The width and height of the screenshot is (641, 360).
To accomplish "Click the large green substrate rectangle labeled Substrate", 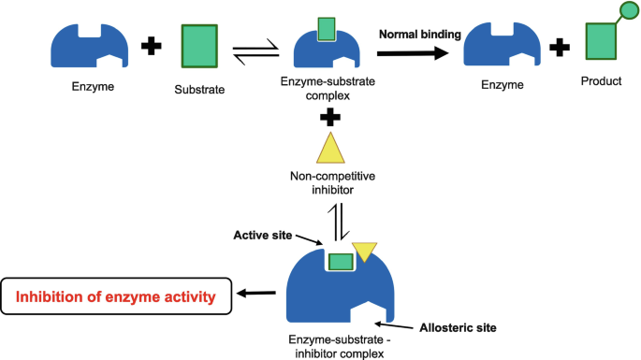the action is (199, 46).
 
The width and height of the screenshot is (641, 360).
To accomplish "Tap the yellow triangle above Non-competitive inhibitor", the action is (330, 148).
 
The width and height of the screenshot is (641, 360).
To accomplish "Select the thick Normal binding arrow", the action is (413, 53).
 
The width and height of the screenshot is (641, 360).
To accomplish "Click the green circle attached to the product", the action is (629, 10).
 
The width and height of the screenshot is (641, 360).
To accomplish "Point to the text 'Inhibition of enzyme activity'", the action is (116, 296).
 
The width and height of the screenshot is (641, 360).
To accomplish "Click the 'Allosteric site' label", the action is (458, 327).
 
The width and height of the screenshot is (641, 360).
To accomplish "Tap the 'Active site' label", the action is (262, 236).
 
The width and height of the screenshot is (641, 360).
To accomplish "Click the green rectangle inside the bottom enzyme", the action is (341, 262).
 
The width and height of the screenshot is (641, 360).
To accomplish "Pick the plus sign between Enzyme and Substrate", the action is (152, 46).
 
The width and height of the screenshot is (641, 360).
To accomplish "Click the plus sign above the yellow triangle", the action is (330, 118).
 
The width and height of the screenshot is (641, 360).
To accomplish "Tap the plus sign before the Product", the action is (560, 47).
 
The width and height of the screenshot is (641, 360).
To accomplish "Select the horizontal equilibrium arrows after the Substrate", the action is (255, 52).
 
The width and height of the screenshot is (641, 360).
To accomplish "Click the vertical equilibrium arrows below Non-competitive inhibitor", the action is (339, 222).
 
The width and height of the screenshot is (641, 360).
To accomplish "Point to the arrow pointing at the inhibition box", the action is (256, 293).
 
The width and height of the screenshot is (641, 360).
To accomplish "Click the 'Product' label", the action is (601, 81).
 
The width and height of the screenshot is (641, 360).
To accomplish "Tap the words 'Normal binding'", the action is (420, 35).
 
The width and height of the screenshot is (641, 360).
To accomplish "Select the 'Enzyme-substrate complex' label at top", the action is (328, 88).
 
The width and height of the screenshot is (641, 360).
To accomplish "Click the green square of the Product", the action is (601, 41).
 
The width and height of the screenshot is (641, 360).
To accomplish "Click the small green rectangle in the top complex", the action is (327, 29).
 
